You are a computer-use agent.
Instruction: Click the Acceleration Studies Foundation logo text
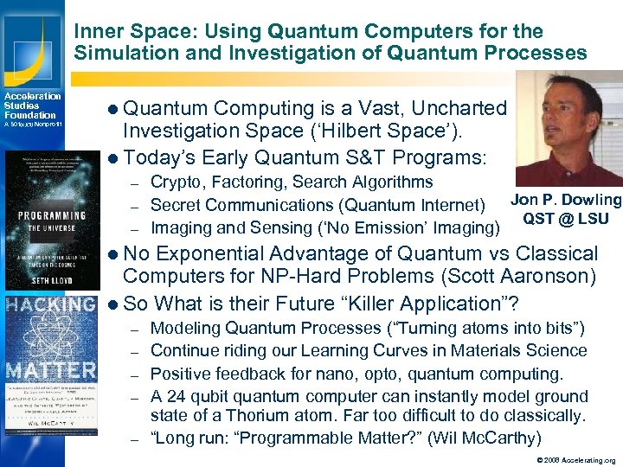[x=31, y=106]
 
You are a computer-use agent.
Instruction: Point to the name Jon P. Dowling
[x=566, y=201]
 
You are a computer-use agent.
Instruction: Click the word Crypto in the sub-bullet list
[x=177, y=182]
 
